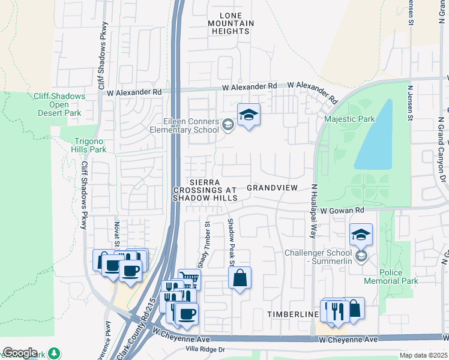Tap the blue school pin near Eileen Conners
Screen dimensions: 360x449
[249, 115]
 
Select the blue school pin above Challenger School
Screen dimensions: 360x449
[361, 234]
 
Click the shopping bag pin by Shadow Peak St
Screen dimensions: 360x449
[240, 278]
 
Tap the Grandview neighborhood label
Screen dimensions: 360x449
[272, 188]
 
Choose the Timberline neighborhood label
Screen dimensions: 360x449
[292, 314]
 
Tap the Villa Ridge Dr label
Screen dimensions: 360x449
[205, 349]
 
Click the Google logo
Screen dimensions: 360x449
[20, 353]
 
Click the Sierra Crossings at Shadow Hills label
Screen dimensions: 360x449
[205, 190]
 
